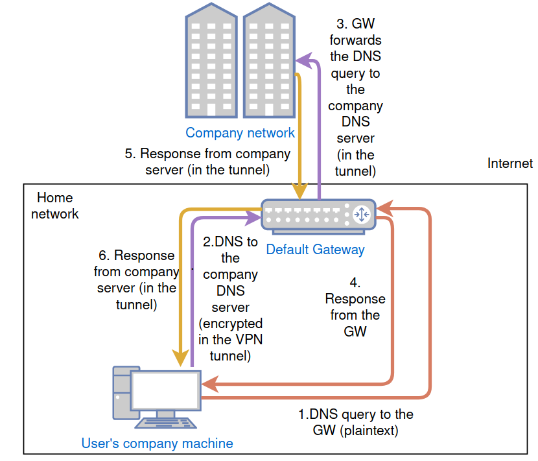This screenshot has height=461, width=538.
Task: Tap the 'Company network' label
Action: click(240, 133)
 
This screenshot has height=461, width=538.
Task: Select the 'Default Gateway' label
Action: click(315, 250)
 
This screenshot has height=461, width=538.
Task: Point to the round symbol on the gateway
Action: click(361, 213)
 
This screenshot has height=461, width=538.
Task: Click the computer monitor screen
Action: click(165, 392)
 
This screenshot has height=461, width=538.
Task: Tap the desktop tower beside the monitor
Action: click(121, 392)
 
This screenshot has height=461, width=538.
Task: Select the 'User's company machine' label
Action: click(157, 443)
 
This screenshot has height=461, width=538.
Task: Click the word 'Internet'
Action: click(509, 163)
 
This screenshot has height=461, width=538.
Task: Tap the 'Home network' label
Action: click(55, 206)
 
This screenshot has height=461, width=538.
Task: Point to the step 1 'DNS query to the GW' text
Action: click(355, 422)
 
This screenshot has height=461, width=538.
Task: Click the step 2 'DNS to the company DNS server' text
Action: click(230, 298)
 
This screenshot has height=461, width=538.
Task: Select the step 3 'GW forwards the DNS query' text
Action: click(355, 97)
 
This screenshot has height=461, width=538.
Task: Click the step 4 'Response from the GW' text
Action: click(355, 307)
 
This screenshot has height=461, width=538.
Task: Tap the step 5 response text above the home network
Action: click(207, 162)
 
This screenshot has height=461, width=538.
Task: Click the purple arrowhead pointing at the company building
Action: click(303, 60)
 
